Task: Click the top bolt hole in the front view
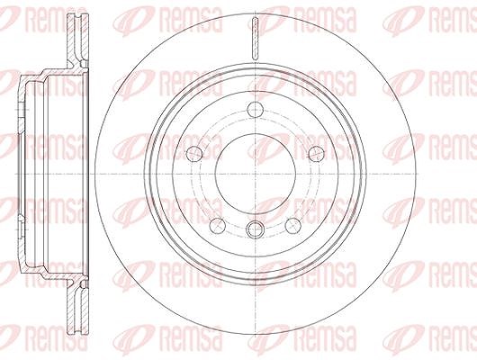[x=255, y=110]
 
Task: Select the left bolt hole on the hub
[x=194, y=154]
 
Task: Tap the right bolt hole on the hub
[x=316, y=154]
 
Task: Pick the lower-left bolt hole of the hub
[x=218, y=226]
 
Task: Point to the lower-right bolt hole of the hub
[x=293, y=226]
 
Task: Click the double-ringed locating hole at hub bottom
[x=255, y=229]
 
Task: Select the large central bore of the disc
[x=256, y=174]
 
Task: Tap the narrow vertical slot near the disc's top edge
[x=256, y=38]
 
